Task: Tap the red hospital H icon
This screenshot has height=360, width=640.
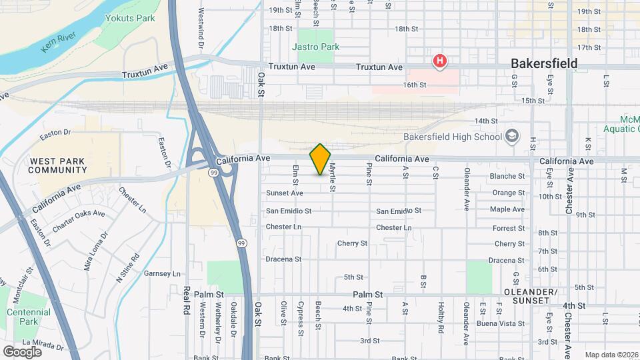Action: (439, 62)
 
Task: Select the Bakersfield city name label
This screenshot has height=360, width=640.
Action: (543, 64)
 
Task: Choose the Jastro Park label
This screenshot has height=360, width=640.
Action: (315, 47)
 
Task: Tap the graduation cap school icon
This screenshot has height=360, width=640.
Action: (512, 137)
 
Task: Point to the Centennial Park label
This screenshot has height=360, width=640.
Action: (28, 317)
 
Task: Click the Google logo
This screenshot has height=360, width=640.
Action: (22, 351)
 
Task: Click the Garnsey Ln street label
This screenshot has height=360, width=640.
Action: (163, 273)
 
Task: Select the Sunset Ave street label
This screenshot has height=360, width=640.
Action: (285, 193)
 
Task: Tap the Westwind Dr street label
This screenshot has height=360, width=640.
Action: (201, 27)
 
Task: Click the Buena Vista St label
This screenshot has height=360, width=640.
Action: (501, 323)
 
